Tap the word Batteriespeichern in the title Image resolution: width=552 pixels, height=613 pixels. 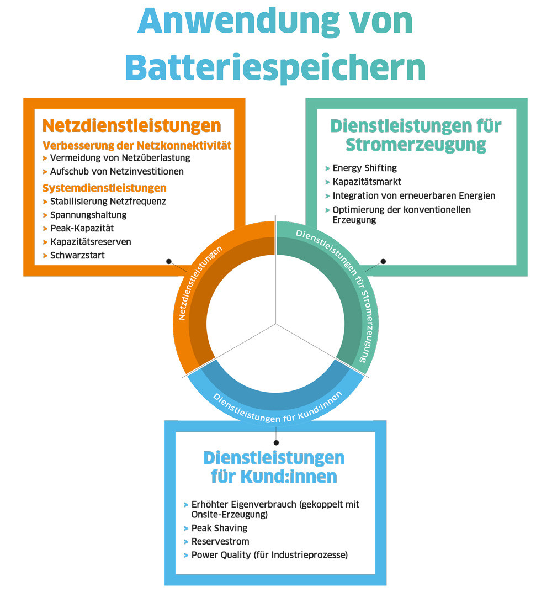pyautogui.click(x=275, y=67)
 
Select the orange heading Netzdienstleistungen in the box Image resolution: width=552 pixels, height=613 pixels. pyautogui.click(x=131, y=126)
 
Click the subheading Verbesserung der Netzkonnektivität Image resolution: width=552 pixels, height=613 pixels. pyautogui.click(x=137, y=145)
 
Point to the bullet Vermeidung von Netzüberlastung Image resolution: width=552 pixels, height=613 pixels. pyautogui.click(x=120, y=158)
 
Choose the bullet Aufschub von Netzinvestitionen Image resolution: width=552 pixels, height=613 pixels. pyautogui.click(x=117, y=171)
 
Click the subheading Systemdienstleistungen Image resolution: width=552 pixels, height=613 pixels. pyautogui.click(x=104, y=188)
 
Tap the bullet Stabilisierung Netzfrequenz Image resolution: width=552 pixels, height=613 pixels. pyautogui.click(x=108, y=202)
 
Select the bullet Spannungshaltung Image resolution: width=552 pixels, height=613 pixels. pyautogui.click(x=88, y=215)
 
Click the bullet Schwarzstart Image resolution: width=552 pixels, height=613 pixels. pyautogui.click(x=77, y=255)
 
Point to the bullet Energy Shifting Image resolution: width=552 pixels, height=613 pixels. pyautogui.click(x=364, y=168)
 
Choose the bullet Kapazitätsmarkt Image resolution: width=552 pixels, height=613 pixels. pyautogui.click(x=367, y=182)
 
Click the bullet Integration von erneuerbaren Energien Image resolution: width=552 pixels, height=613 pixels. pyautogui.click(x=413, y=196)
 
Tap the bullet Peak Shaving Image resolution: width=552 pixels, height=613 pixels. pyautogui.click(x=219, y=528)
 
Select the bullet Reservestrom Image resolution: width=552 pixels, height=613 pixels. pyautogui.click(x=220, y=541)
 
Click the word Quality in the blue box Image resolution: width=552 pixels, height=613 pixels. pyautogui.click(x=236, y=555)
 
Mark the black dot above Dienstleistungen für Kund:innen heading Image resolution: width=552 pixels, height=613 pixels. pyautogui.click(x=276, y=442)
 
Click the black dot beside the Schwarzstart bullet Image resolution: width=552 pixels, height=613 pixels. pyautogui.click(x=169, y=261)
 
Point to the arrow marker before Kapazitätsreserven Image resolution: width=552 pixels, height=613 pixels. pyautogui.click(x=45, y=242)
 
